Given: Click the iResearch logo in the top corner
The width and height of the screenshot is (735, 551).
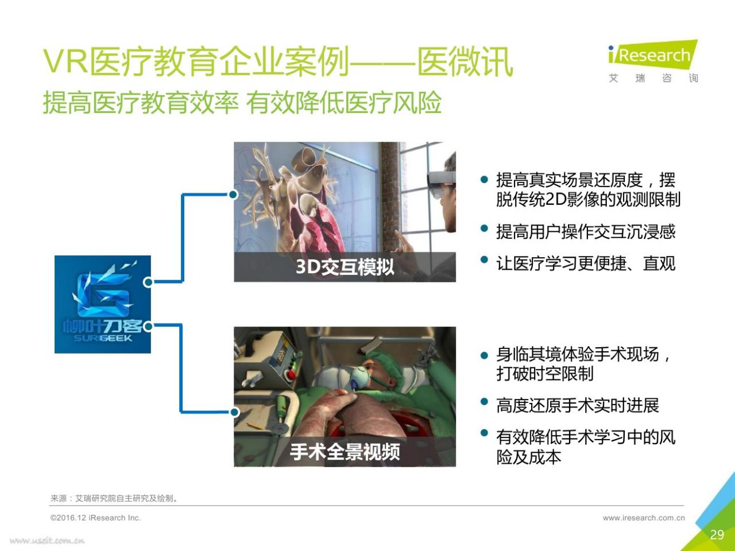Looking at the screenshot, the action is point(653,55).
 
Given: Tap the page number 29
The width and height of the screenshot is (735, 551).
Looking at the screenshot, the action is point(717,535).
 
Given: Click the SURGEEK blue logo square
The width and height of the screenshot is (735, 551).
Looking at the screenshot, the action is point(103,304).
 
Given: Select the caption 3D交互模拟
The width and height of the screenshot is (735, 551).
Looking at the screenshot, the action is point(345,267).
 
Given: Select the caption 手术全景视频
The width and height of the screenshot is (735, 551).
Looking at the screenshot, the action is point(345,452).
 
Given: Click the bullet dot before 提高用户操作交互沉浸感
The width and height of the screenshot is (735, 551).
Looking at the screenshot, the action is point(484,229).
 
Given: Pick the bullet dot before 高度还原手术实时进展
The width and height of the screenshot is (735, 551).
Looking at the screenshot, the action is point(484,402).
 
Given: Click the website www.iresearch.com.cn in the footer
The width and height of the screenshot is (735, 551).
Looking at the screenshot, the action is point(644,518).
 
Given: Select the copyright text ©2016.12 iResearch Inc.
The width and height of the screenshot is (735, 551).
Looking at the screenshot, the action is point(95,518).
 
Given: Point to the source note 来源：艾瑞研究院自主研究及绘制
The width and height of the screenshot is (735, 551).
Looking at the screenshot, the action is point(114,498).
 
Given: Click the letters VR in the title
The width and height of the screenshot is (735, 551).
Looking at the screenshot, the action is point(65,61).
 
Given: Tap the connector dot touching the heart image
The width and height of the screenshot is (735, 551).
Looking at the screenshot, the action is point(233,195).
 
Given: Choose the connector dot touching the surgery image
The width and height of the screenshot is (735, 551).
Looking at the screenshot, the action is point(235,412).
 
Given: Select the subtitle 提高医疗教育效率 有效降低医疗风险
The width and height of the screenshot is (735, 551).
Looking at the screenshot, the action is point(242,102).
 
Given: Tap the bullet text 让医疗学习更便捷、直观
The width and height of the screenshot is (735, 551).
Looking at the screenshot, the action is point(586,263).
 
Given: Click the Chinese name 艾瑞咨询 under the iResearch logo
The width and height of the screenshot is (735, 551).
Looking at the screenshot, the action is point(653,78).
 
